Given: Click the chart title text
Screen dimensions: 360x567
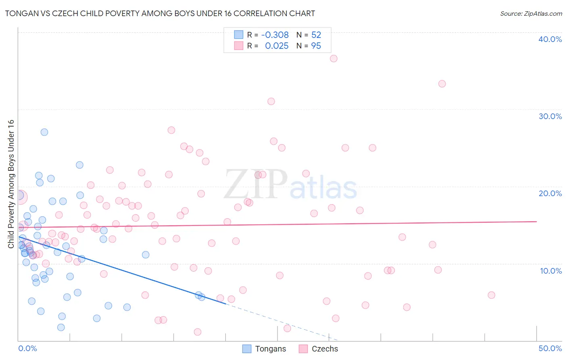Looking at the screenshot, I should pyautogui.click(x=160, y=13).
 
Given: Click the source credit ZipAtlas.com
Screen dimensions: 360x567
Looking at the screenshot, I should pyautogui.click(x=531, y=13).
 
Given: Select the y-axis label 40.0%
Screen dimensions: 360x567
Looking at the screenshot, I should pyautogui.click(x=550, y=39).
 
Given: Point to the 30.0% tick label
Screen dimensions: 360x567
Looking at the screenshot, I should pyautogui.click(x=550, y=116).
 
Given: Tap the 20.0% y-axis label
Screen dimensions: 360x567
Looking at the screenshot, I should pyautogui.click(x=550, y=193).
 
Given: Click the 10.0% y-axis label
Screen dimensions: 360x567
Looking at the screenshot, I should pyautogui.click(x=550, y=271).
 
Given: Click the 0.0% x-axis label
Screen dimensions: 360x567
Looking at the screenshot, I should pyautogui.click(x=27, y=348).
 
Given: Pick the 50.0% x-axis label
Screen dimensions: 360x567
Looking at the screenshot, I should pyautogui.click(x=550, y=348).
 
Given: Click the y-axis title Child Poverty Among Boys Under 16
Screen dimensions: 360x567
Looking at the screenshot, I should pyautogui.click(x=11, y=184).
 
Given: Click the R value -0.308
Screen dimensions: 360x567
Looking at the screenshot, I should pyautogui.click(x=275, y=35).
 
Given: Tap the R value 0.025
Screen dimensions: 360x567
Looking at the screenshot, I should pyautogui.click(x=277, y=46).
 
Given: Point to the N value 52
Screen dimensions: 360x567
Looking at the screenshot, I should pyautogui.click(x=316, y=35).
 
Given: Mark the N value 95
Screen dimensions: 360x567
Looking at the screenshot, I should pyautogui.click(x=316, y=46).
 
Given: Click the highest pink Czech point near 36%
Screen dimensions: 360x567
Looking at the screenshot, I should pyautogui.click(x=334, y=59).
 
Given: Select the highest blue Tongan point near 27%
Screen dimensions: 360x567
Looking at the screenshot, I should pyautogui.click(x=44, y=132).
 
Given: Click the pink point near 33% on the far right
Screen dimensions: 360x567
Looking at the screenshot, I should pyautogui.click(x=442, y=84).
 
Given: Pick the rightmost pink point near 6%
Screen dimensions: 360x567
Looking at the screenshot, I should pyautogui.click(x=491, y=295).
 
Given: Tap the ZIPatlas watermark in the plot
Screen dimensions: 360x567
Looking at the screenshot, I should pyautogui.click(x=290, y=184).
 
